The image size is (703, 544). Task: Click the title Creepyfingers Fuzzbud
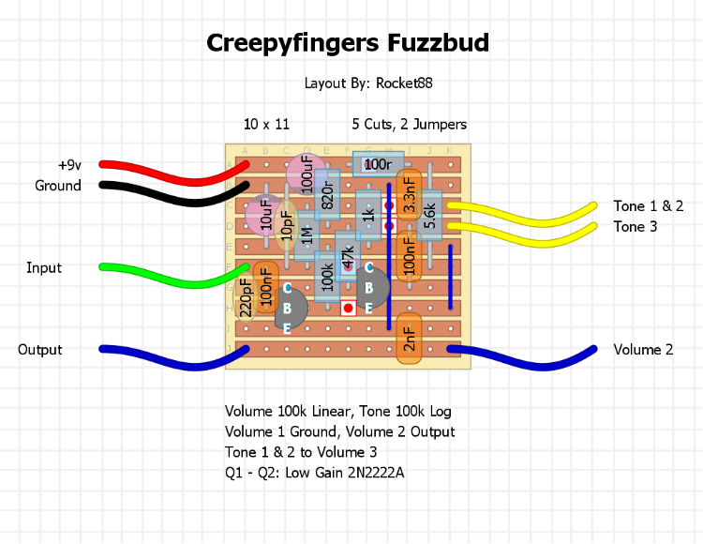348,43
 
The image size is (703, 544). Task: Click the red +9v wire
169,167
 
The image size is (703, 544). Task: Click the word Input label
44,268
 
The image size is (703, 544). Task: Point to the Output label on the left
40,350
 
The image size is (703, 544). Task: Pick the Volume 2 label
643,350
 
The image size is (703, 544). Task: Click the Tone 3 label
642,227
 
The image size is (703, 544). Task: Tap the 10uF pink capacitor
265,215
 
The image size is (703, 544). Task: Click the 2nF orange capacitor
410,337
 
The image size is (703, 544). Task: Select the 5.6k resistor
430,214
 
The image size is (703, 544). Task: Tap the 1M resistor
307,234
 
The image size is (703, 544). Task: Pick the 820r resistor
327,194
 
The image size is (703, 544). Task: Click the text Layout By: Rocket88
368,83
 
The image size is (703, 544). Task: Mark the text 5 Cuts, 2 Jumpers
410,124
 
